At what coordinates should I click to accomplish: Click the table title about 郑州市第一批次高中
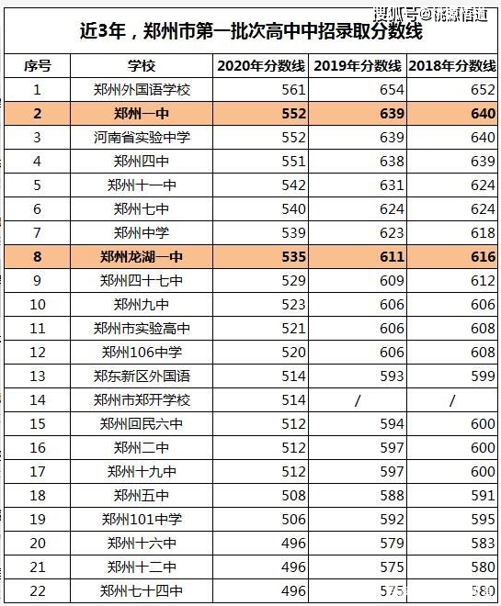pyautogui.click(x=251, y=30)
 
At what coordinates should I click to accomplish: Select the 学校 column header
pyautogui.click(x=142, y=66)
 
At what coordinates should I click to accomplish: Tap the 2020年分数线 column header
pyautogui.click(x=261, y=66)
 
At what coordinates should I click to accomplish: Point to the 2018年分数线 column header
pyautogui.click(x=452, y=66)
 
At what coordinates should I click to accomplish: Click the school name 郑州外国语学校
pyautogui.click(x=142, y=90)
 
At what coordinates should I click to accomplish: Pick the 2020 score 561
pyautogui.click(x=293, y=90)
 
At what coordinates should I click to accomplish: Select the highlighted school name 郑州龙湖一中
pyautogui.click(x=142, y=256)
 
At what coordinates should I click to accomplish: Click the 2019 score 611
pyautogui.click(x=392, y=256)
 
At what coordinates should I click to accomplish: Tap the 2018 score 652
pyautogui.click(x=483, y=90)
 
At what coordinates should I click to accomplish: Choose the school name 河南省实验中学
pyautogui.click(x=142, y=137)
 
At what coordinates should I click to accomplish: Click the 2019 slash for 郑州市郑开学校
pyautogui.click(x=357, y=400)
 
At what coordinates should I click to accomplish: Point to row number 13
pyautogui.click(x=38, y=376)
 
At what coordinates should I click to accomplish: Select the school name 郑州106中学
pyautogui.click(x=142, y=352)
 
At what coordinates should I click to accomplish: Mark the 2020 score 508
pyautogui.click(x=293, y=496)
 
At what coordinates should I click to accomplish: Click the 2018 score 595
pyautogui.click(x=483, y=520)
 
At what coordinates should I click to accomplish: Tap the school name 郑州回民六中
pyautogui.click(x=142, y=424)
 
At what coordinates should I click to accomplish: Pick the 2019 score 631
pyautogui.click(x=392, y=185)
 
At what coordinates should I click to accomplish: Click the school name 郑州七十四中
pyautogui.click(x=142, y=591)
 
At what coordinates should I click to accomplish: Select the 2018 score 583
pyautogui.click(x=483, y=544)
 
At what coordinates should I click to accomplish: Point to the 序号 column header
pyautogui.click(x=38, y=66)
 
